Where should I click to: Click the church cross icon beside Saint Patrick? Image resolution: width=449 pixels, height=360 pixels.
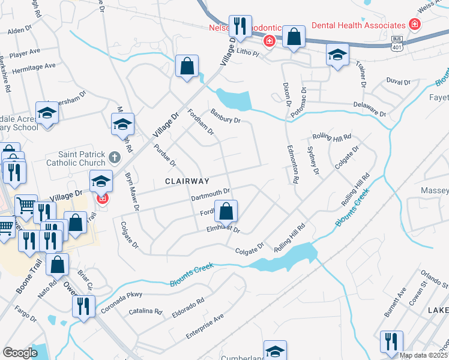coord(115,158)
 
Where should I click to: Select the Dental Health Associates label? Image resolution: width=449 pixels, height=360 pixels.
coord(359,25)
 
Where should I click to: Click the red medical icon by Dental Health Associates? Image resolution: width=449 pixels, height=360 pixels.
coord(414,25)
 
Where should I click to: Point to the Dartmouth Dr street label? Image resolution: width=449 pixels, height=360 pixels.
coord(211,193)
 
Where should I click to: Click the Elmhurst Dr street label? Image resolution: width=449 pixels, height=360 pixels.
coord(223,229)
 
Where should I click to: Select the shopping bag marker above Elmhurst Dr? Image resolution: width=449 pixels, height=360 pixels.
coord(226,211)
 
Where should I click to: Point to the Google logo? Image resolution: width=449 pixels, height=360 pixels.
coord(20,353)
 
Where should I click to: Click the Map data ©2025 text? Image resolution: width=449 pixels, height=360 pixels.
coord(423,355)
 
